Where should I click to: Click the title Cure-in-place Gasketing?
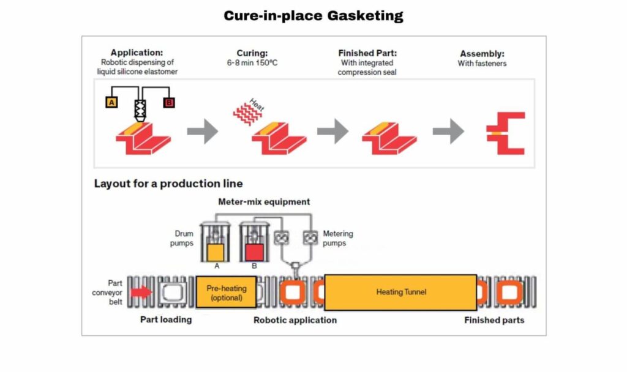click(313, 16)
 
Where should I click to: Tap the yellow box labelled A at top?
click(111, 103)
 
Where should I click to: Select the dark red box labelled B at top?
click(169, 103)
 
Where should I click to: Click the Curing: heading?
click(252, 53)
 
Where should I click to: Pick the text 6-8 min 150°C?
click(252, 63)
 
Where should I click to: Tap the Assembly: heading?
click(482, 53)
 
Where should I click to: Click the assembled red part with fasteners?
click(506, 133)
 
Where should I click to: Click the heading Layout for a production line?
click(168, 184)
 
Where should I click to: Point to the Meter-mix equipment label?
click(264, 201)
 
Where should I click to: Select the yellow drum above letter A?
click(216, 253)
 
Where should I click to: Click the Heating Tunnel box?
click(400, 292)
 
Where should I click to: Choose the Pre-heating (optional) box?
click(226, 292)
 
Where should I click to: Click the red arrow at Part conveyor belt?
click(141, 292)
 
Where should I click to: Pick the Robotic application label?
click(295, 320)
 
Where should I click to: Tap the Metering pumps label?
click(338, 239)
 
